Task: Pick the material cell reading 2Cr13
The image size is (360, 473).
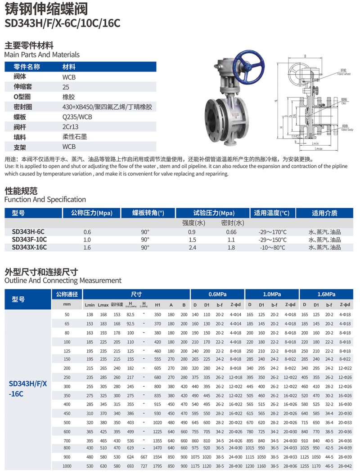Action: (70, 126)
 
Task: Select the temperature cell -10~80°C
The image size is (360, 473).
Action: (273, 247)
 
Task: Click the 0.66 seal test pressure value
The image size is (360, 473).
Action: (231, 232)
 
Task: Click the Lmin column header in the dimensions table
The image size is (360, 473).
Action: (90, 305)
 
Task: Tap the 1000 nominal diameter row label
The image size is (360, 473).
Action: (67, 466)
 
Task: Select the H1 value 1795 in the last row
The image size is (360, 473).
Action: (157, 466)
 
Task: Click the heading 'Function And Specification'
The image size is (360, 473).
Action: (45, 199)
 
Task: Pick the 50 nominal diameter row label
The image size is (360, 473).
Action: (67, 314)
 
